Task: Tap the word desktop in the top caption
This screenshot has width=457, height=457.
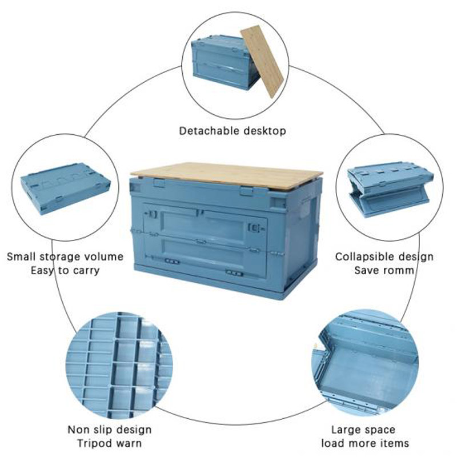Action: pyautogui.click(x=262, y=131)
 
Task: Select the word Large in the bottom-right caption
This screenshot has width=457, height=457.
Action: pyautogui.click(x=347, y=430)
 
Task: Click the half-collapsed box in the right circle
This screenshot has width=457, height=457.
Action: pyautogui.click(x=388, y=189)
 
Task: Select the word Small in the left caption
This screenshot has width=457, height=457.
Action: pyautogui.click(x=21, y=256)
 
